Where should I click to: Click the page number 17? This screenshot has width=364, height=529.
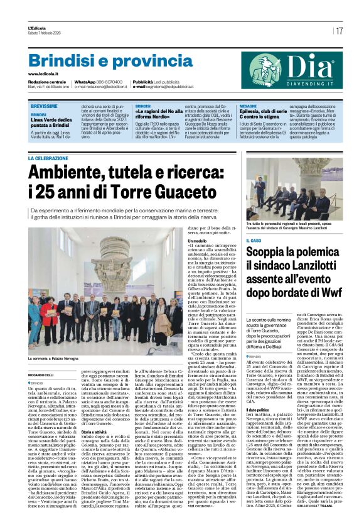point(340,30)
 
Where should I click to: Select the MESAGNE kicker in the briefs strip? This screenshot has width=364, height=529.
point(248,107)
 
